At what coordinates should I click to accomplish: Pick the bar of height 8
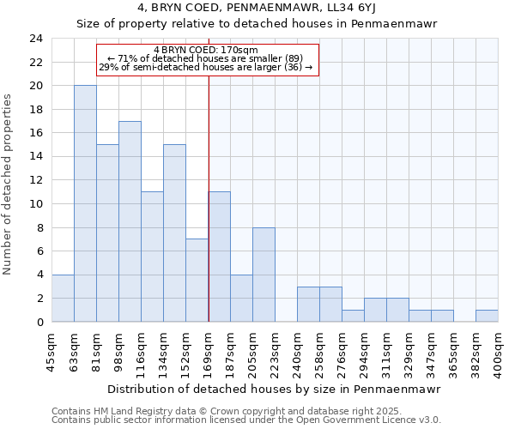tap(264, 275)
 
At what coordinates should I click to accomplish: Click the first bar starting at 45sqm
tap(63, 298)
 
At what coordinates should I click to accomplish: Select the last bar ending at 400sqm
tap(487, 316)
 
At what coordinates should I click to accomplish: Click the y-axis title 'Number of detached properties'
tap(8, 180)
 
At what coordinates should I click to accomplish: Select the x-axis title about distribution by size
tap(275, 389)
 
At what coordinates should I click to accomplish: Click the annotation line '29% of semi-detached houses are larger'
tap(206, 67)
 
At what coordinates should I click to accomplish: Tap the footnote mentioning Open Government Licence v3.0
tap(246, 420)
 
